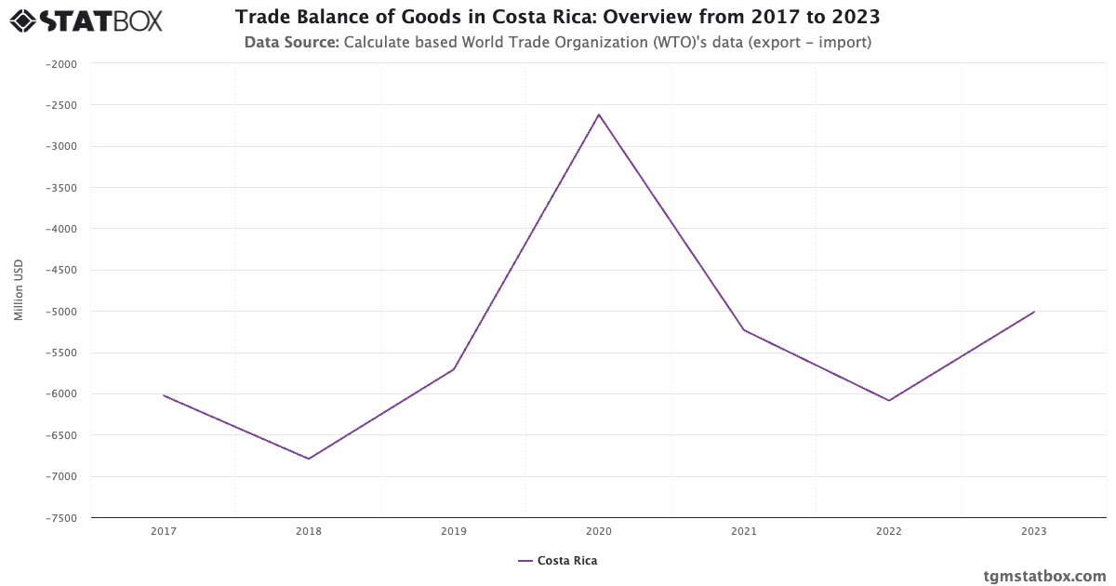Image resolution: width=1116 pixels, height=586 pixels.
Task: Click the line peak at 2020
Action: [599, 114]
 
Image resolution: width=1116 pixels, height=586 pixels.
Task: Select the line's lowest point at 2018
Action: [309, 459]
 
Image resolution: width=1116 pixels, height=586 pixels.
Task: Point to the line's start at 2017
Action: [164, 395]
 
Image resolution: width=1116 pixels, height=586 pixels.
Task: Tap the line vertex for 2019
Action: [454, 369]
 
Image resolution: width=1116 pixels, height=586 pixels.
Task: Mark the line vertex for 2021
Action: [744, 330]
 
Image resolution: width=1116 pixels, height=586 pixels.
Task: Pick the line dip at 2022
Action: [889, 401]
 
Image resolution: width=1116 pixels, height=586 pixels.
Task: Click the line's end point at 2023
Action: [1034, 312]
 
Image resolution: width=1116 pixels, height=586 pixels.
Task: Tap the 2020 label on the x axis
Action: [599, 532]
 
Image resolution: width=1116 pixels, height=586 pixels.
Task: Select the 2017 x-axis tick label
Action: [164, 532]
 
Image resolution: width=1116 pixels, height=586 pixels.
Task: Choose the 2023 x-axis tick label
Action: [1034, 532]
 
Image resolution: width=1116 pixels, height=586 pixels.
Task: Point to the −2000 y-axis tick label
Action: [60, 64]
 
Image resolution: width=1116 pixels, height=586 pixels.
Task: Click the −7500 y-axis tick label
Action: [60, 518]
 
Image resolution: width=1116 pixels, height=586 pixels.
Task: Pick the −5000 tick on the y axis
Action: [60, 312]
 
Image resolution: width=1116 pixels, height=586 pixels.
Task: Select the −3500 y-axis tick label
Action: [60, 188]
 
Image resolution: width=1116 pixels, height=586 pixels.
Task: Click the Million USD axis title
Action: [19, 290]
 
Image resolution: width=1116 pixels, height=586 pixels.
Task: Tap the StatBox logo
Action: [86, 20]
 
